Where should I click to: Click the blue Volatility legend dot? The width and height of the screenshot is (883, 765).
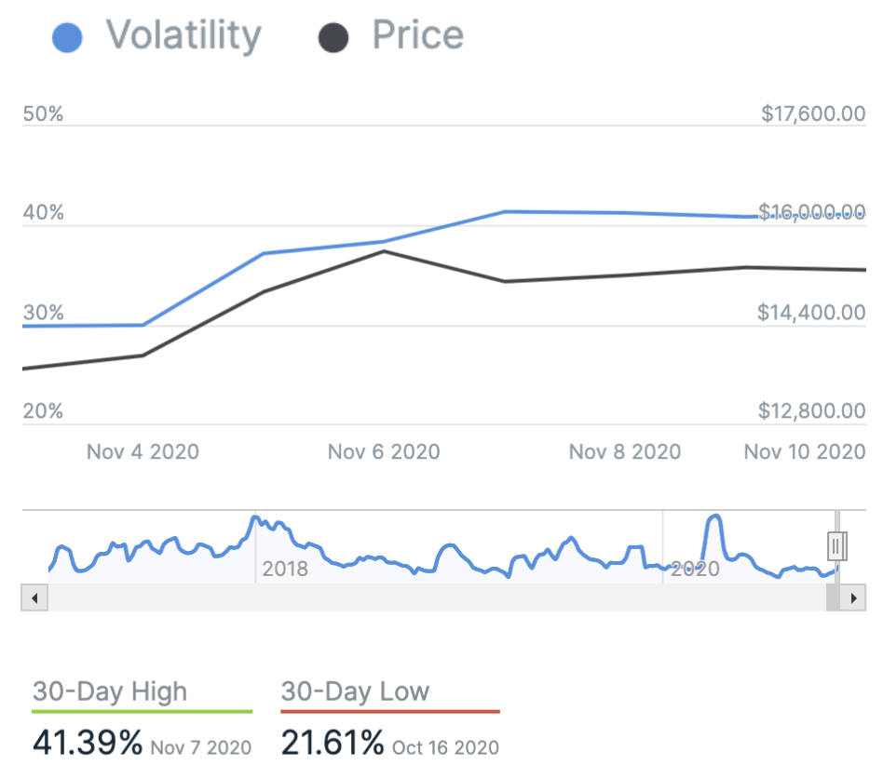click(x=67, y=37)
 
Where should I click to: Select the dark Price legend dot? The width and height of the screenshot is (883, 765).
click(x=333, y=37)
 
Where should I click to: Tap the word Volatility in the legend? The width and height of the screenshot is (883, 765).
click(x=183, y=35)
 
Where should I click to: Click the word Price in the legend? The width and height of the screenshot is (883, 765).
click(x=417, y=35)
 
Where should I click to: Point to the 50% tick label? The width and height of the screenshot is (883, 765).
click(x=43, y=114)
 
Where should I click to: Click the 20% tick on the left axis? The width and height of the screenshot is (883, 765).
click(x=43, y=411)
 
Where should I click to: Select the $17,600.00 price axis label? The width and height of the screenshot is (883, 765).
click(x=813, y=114)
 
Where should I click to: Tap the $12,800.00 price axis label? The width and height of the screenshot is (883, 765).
click(x=813, y=411)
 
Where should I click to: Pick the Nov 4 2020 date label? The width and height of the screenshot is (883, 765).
click(x=143, y=452)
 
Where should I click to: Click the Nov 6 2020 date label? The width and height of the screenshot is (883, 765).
click(x=384, y=452)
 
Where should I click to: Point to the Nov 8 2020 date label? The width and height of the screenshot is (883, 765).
click(x=625, y=452)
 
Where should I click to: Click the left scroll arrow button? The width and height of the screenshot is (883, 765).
click(x=34, y=598)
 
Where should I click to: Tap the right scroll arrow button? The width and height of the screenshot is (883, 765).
click(x=852, y=598)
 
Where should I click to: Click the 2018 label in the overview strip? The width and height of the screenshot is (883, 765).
click(x=285, y=569)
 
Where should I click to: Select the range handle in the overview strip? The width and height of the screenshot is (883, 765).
click(x=836, y=544)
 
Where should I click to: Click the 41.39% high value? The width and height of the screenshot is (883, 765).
click(x=88, y=743)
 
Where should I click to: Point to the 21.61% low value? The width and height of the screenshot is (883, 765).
click(x=333, y=743)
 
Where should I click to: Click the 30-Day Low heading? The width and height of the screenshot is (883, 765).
click(x=355, y=691)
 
